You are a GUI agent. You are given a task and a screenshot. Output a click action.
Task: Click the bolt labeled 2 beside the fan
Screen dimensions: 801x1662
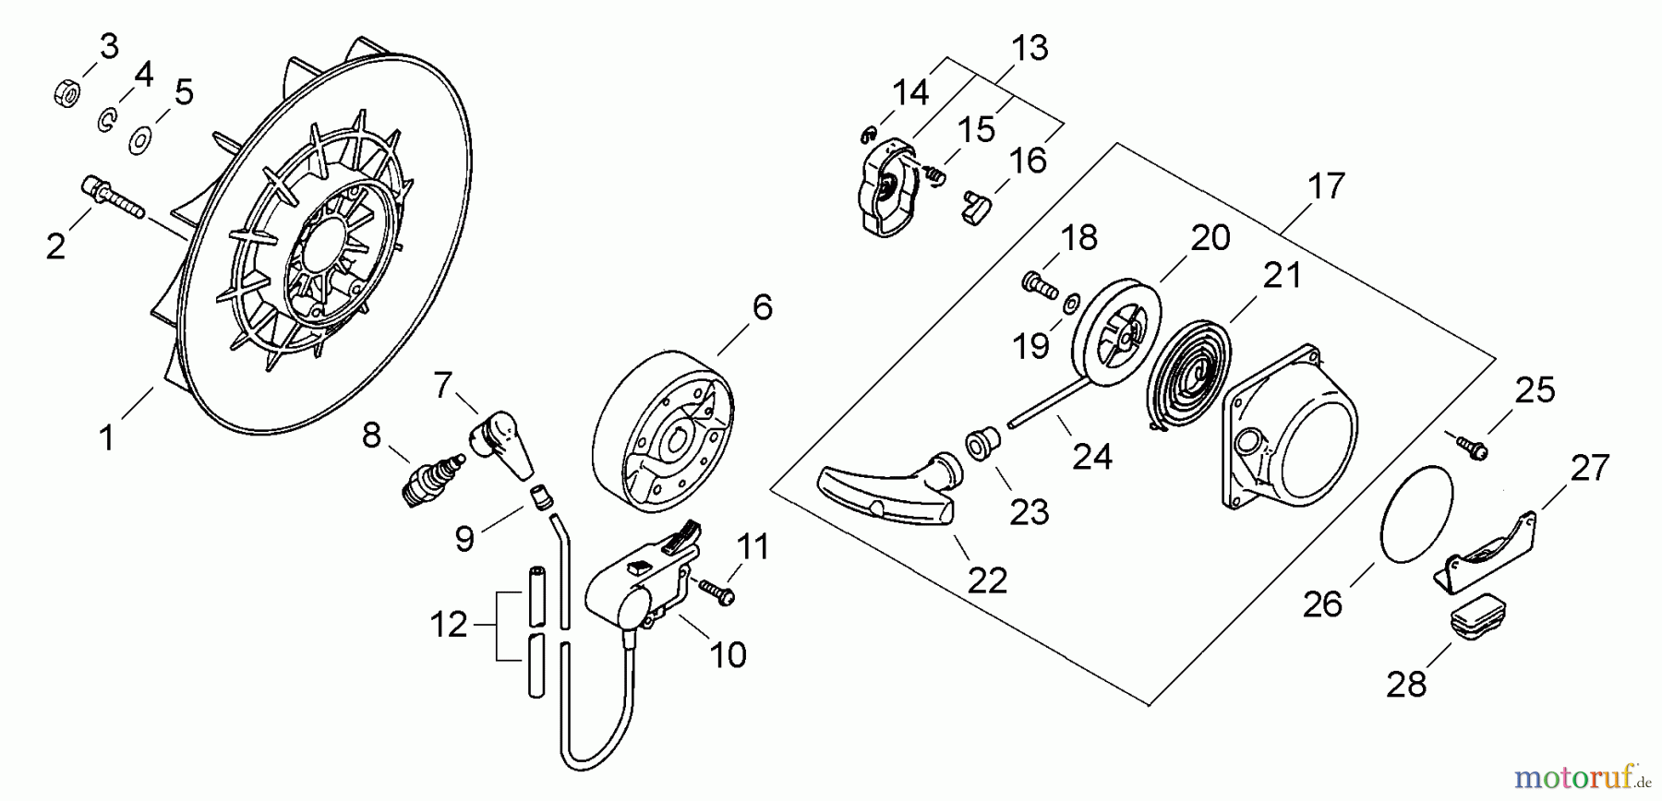111,198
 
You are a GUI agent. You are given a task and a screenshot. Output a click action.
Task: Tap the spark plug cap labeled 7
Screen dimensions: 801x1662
500,441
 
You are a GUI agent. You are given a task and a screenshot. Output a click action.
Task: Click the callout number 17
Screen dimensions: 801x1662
1327,186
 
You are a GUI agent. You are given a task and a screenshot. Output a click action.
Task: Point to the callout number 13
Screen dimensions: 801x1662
1030,48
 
